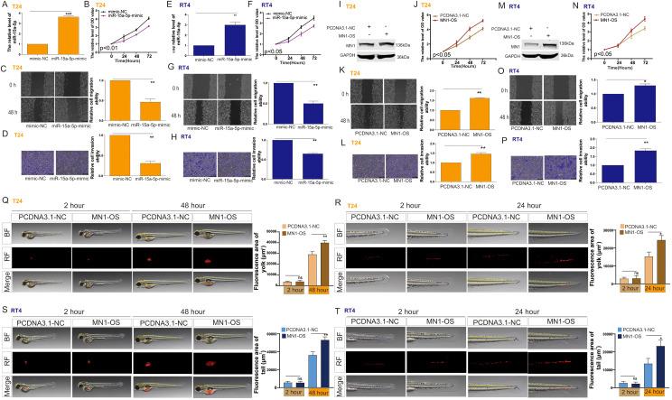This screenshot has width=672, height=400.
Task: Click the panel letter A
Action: click(x=5, y=5)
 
